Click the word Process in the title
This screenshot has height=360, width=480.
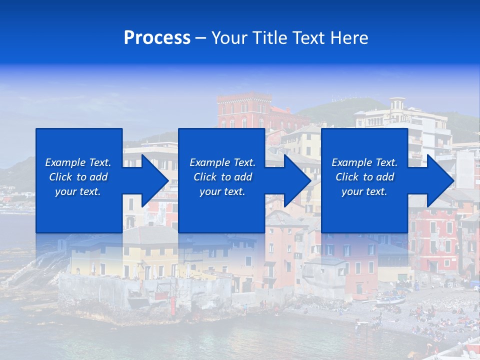point(157,38)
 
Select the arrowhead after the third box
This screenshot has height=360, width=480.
point(440,180)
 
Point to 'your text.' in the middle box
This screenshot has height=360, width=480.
point(222,191)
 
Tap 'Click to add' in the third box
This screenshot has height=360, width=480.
point(364,177)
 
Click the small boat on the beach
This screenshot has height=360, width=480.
point(390,299)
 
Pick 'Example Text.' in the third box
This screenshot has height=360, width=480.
point(364,162)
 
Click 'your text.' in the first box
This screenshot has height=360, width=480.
point(78,191)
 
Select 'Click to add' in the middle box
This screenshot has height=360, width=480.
point(222,177)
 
